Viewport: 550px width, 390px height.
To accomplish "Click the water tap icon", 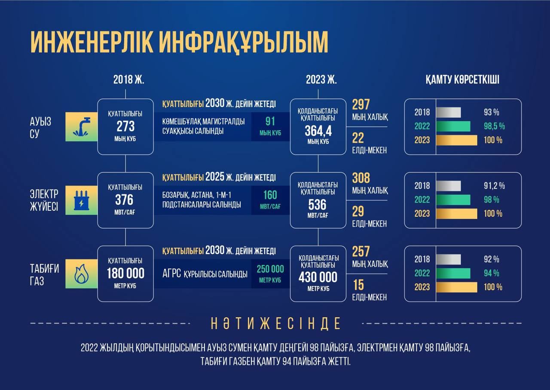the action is coord(81,127).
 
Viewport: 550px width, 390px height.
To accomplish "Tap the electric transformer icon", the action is coord(82,200).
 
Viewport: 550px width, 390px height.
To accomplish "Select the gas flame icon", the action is coord(82,274).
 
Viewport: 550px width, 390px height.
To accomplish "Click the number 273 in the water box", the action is coord(125,126).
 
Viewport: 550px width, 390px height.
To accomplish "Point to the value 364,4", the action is coord(318,131).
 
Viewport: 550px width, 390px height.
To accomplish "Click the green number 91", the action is coord(270,121).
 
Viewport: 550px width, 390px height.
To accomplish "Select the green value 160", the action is coord(270,195).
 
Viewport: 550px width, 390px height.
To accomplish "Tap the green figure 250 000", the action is coord(270,269).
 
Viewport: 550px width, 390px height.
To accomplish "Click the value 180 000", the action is coord(125,273).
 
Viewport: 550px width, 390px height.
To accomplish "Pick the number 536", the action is coord(318,205).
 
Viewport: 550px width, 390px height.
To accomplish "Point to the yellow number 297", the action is coord(361,104).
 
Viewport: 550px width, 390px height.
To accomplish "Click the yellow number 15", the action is coord(358,285).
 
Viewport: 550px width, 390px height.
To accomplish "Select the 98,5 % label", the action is coord(494,126).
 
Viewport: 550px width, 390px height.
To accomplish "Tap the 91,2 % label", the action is coord(494,186).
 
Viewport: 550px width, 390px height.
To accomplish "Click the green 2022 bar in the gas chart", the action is coord(453,273).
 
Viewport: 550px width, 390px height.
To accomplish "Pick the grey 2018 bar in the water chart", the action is coord(449,112).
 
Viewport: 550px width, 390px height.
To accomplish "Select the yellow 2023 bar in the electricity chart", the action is coord(457,214).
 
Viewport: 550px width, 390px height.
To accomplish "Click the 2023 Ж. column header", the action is coord(321,80).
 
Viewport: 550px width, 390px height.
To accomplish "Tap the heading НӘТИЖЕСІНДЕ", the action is coord(276,323).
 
